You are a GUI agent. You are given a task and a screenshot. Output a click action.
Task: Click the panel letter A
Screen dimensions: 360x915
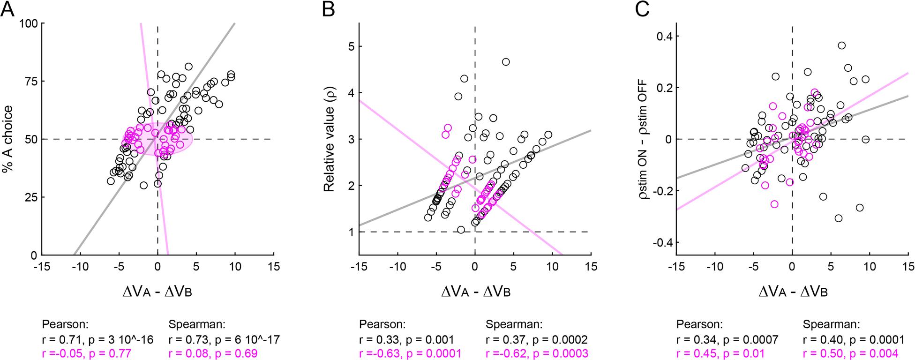click(x=8, y=9)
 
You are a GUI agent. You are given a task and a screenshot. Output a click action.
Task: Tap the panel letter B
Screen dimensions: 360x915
click(x=328, y=9)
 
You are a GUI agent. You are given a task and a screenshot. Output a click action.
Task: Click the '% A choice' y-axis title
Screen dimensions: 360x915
click(x=9, y=139)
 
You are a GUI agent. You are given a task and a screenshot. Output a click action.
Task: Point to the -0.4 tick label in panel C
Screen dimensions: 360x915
click(x=659, y=242)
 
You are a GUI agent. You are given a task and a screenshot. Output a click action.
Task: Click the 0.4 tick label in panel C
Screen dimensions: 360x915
click(x=661, y=36)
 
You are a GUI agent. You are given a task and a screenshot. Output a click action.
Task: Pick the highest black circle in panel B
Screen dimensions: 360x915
click(x=506, y=62)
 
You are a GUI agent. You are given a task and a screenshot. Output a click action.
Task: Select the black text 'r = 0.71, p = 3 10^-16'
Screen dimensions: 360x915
click(x=97, y=339)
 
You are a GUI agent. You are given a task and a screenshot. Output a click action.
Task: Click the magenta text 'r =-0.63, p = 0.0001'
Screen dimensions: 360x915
click(x=410, y=353)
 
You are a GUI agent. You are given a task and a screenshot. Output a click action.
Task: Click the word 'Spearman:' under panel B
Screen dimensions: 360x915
click(x=514, y=324)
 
